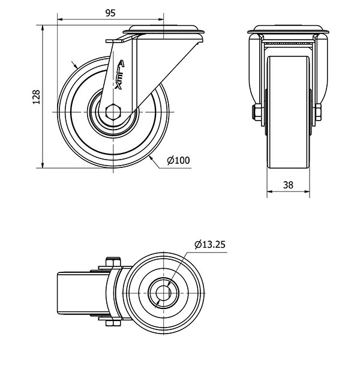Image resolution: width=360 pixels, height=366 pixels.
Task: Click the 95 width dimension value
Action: tap(110, 13)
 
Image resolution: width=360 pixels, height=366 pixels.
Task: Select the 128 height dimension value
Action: tap(36, 96)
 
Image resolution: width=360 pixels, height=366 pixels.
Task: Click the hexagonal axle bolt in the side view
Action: tap(113, 112)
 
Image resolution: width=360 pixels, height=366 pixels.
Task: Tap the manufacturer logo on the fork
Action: tap(120, 75)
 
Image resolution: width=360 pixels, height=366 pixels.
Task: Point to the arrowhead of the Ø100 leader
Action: tap(152, 157)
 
